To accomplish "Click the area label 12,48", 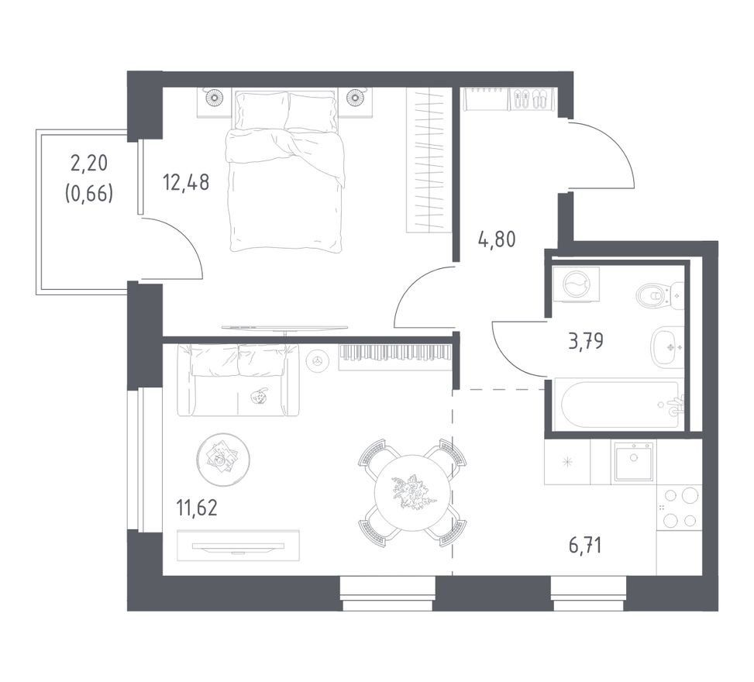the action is [x=186, y=182].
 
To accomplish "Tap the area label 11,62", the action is [x=197, y=508].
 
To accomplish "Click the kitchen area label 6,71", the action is [x=585, y=546].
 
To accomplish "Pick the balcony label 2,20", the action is [x=89, y=164].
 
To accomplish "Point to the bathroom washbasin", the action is [x=667, y=346].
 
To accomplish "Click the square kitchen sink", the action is [x=632, y=462].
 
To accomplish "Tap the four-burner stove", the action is [x=679, y=508].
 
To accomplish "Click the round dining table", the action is [x=412, y=492].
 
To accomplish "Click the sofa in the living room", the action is [x=238, y=380].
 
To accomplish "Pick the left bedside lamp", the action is [x=215, y=98].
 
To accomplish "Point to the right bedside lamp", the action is [x=355, y=98].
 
